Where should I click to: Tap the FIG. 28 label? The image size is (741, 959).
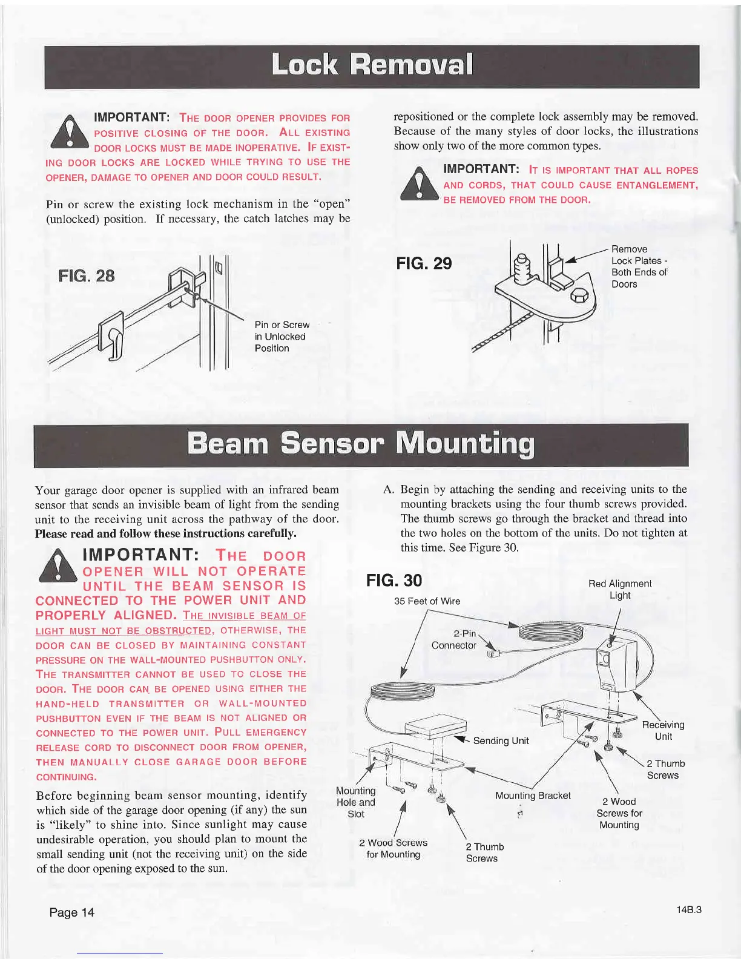[x=86, y=276]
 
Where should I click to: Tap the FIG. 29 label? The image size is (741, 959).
[x=424, y=263]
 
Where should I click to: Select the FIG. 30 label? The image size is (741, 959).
[x=394, y=581]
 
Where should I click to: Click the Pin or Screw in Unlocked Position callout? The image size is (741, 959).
[x=282, y=337]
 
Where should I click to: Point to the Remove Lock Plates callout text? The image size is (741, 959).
[x=639, y=266]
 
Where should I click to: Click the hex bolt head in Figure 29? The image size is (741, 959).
[x=579, y=297]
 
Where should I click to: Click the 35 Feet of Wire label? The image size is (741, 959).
[x=427, y=601]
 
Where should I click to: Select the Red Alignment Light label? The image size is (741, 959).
[x=620, y=589]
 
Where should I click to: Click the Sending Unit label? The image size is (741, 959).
[x=501, y=740]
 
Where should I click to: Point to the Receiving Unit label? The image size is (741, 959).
[x=663, y=731]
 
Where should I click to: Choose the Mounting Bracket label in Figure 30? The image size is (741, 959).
[x=533, y=796]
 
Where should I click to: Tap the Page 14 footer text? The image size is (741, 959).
[x=72, y=912]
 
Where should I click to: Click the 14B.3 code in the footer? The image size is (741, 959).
[x=690, y=909]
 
